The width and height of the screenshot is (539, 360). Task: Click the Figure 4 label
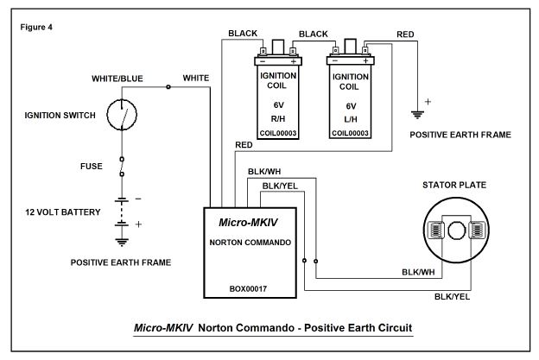[x=36, y=27]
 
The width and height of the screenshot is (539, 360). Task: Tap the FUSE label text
[x=92, y=167]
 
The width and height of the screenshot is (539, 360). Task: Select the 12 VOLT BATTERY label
[x=63, y=212]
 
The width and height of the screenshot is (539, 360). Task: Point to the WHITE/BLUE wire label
[x=117, y=79]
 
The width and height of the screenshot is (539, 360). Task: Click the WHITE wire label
[x=196, y=78]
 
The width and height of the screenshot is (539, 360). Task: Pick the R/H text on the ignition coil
[x=278, y=119]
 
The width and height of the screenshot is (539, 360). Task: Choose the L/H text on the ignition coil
[x=351, y=119]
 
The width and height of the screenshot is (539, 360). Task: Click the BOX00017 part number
[x=248, y=289]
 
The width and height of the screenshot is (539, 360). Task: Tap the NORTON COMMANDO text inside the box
[x=250, y=243]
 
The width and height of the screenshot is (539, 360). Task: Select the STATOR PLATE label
[x=454, y=185]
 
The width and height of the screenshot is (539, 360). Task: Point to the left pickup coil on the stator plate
[x=436, y=231]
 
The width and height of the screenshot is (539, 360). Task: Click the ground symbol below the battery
[x=122, y=243]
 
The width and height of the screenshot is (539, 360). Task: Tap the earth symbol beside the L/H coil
[x=417, y=115]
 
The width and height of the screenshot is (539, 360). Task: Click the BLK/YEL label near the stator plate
[x=452, y=297]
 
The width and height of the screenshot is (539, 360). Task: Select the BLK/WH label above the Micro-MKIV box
[x=264, y=172]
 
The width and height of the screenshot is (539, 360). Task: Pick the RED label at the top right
[x=405, y=35]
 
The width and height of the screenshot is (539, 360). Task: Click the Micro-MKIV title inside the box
[x=248, y=223]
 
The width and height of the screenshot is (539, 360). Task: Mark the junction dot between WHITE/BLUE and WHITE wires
[x=168, y=87]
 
